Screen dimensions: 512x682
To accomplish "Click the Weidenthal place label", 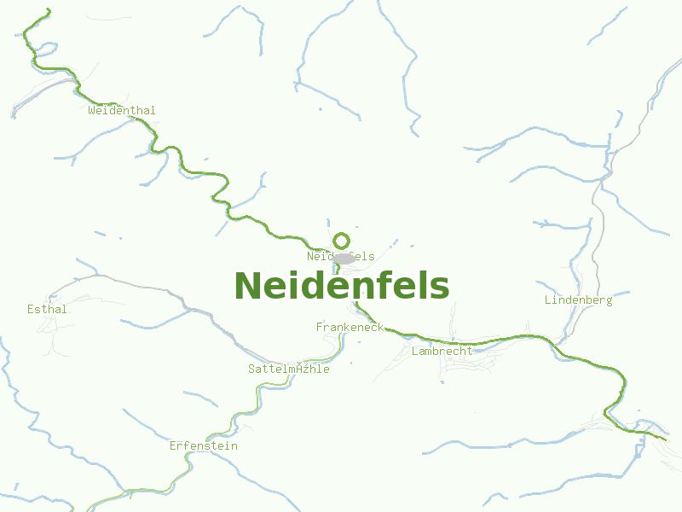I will [122, 110].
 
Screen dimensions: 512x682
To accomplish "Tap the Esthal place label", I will [47, 309].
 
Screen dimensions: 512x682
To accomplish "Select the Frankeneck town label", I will [350, 327].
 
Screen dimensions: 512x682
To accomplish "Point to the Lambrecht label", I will [442, 351].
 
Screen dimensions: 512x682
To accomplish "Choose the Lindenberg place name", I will [578, 300].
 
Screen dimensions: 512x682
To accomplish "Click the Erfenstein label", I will [203, 445].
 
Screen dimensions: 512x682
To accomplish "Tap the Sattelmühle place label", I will [288, 369].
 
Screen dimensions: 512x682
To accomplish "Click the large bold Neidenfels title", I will [341, 286].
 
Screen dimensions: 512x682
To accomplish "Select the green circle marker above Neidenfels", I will [341, 241].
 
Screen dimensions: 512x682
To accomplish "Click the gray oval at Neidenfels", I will [344, 259].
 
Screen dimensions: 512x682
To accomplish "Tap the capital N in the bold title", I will [247, 287].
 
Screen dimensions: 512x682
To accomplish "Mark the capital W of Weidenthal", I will [91, 110].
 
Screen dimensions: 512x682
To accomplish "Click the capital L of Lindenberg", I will [548, 300].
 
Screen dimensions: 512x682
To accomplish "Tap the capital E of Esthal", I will [31, 309].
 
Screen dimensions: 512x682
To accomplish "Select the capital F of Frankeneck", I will [320, 327].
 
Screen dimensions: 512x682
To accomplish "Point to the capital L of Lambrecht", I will [415, 351].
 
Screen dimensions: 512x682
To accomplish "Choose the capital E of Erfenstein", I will [173, 445].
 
